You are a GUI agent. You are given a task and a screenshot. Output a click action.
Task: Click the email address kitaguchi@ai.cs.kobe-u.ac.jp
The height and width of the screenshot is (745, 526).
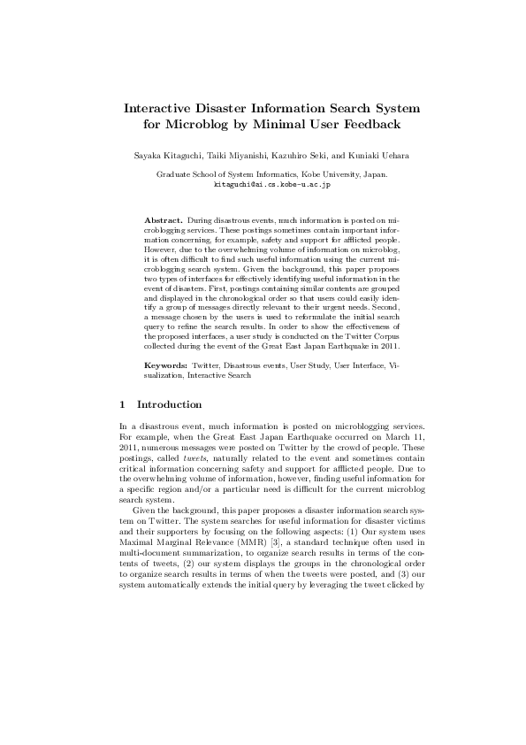(272, 184)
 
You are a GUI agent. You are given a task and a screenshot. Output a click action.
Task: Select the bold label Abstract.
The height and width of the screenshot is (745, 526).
(164, 219)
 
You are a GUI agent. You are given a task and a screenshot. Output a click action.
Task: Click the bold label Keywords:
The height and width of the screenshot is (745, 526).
(166, 365)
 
